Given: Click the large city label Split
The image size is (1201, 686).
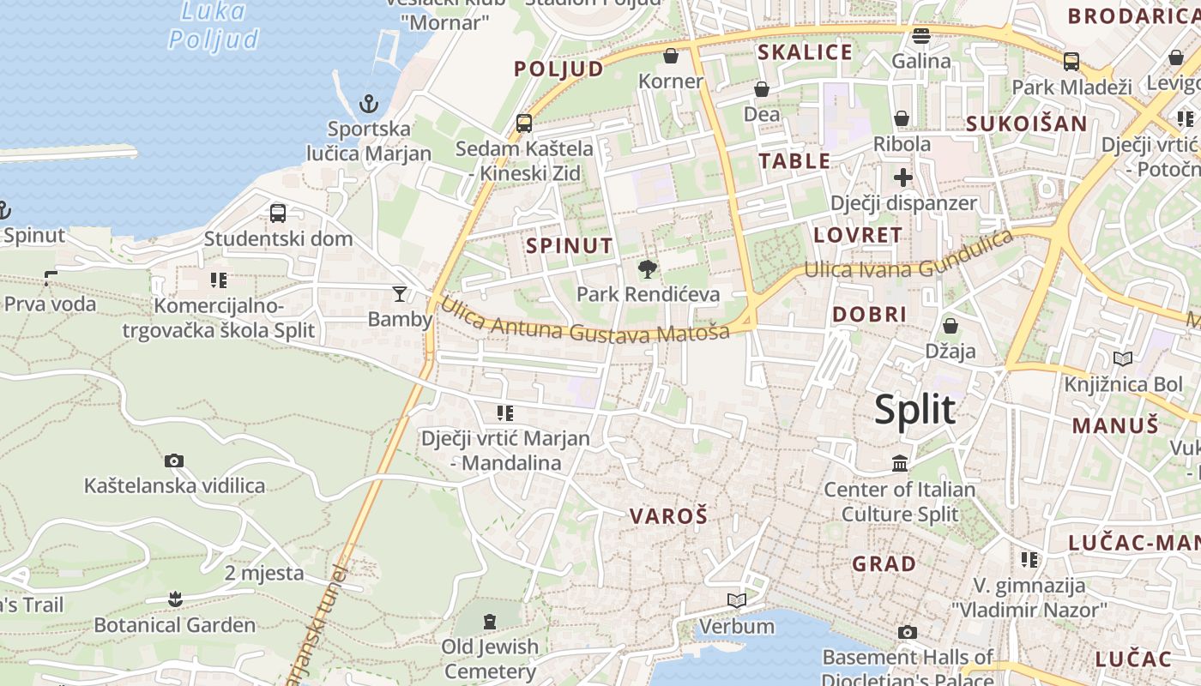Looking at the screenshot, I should [914, 409].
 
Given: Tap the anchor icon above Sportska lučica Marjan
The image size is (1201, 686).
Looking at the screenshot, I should [368, 105].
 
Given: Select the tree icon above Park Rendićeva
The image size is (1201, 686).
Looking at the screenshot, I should [648, 269].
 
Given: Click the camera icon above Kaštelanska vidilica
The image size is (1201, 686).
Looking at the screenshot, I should [174, 461].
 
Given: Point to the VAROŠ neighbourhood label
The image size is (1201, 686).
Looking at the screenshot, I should [669, 516].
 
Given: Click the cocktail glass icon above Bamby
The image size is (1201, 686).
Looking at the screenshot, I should [400, 294].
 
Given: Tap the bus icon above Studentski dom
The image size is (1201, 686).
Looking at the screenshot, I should [278, 214].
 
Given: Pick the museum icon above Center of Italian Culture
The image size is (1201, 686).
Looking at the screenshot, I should [900, 464].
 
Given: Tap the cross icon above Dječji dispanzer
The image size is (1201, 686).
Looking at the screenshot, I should [903, 178].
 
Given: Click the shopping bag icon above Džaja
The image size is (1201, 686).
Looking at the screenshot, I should [951, 326].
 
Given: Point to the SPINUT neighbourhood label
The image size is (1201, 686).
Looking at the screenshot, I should [570, 246].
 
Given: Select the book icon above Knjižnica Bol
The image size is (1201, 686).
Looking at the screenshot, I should [1122, 358].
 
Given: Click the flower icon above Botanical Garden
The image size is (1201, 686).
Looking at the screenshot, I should [175, 599].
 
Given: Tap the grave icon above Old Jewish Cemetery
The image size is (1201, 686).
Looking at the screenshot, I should [490, 621].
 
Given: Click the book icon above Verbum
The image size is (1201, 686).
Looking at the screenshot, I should [736, 600].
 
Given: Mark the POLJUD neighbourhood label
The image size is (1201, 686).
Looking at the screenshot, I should [559, 69].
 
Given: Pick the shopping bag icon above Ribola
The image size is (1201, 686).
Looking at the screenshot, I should [902, 118].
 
